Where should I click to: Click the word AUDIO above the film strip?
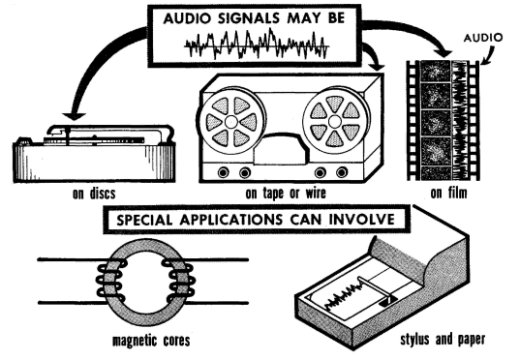[483, 38]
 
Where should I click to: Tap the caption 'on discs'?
[94, 194]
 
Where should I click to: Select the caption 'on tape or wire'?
[286, 193]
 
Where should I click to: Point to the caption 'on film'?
[448, 193]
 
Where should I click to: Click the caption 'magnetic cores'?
[151, 341]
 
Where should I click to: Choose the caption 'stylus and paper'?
[443, 339]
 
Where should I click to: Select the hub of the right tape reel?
[334, 121]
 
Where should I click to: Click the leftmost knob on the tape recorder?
[223, 172]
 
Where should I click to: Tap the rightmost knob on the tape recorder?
[342, 172]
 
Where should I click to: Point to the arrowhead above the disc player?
[74, 116]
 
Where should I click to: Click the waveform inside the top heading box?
[257, 45]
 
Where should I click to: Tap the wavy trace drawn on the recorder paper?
[343, 294]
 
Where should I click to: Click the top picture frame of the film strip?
[435, 71]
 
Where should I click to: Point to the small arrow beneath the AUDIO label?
[488, 56]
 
